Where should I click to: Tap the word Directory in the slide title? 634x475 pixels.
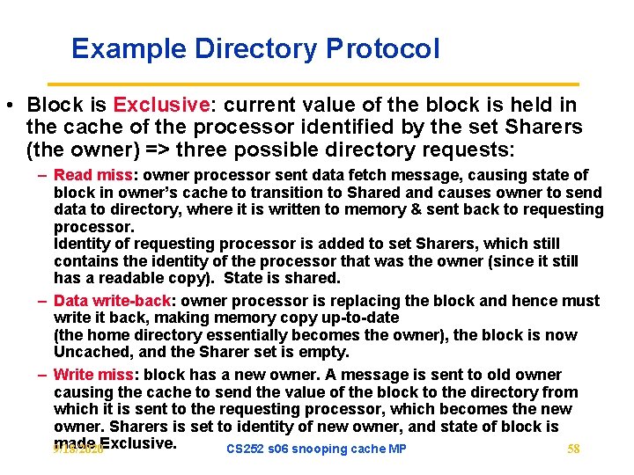(x=247, y=48)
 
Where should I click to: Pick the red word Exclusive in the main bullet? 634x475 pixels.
(x=162, y=106)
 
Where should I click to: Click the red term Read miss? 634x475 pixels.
(x=92, y=175)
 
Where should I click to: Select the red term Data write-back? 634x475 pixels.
(x=113, y=301)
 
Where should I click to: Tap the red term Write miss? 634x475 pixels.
(x=92, y=375)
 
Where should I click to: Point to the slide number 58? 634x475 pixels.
(x=573, y=449)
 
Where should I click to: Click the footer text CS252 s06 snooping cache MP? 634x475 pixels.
(x=316, y=449)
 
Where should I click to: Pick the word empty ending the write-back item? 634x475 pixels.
(x=327, y=352)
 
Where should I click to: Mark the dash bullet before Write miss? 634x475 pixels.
(x=42, y=375)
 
